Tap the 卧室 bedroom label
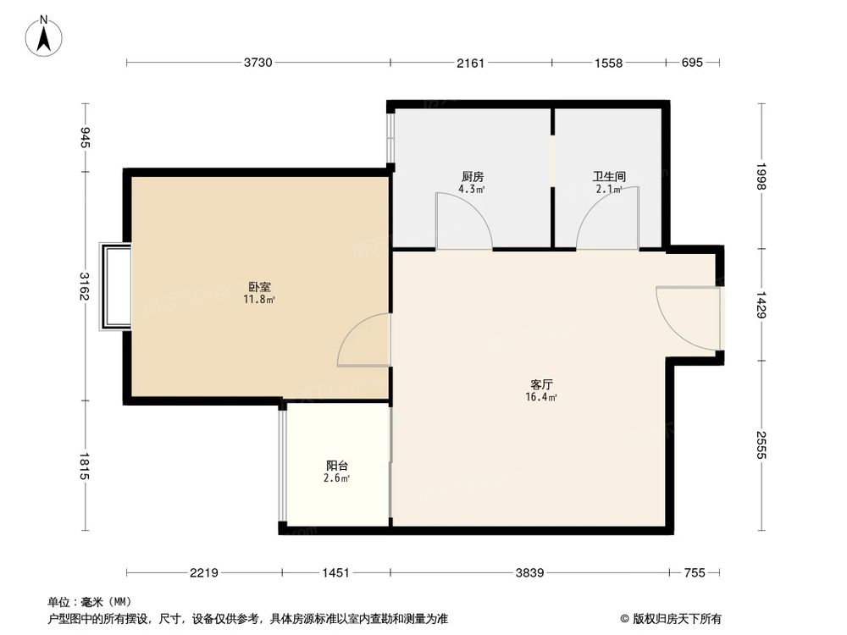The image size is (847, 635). (260, 287)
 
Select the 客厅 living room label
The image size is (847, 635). (542, 384)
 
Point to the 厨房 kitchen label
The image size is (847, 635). (472, 177)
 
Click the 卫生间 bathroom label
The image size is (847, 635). (608, 177)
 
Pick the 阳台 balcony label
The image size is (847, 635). (337, 466)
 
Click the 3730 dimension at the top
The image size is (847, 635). (259, 63)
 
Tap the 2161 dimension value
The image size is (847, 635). (470, 63)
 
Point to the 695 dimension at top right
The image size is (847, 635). (692, 63)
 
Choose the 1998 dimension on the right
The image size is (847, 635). (761, 177)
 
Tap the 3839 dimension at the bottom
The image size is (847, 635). (530, 573)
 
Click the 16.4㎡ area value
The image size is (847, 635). (542, 397)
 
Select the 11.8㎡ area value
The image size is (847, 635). (260, 299)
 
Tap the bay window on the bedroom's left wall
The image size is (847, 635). (115, 287)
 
